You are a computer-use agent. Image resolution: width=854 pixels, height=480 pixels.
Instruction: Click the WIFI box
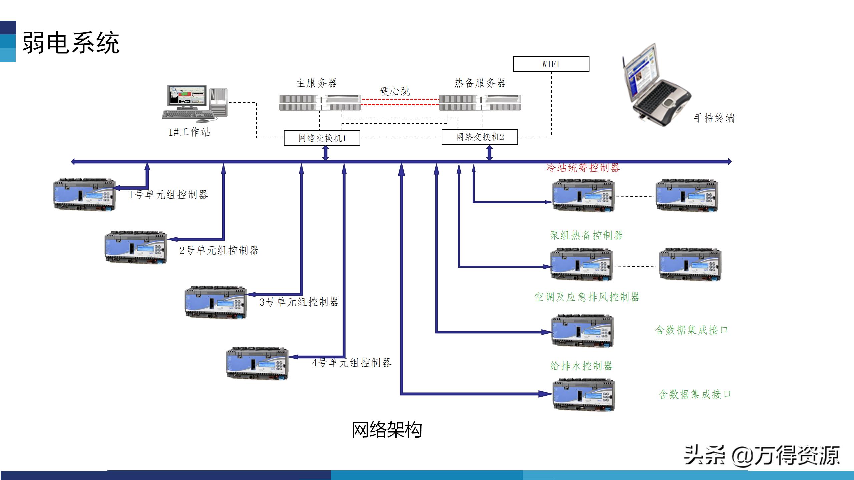[x=551, y=64]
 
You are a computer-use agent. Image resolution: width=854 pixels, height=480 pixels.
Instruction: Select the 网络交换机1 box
[x=322, y=138]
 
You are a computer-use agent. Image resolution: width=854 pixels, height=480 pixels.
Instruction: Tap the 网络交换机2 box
[x=480, y=137]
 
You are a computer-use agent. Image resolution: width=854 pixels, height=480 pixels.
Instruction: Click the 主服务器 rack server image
[x=320, y=103]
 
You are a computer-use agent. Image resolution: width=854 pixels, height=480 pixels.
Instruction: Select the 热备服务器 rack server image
[x=480, y=103]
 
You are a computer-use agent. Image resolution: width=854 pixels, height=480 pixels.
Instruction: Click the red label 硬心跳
[x=395, y=91]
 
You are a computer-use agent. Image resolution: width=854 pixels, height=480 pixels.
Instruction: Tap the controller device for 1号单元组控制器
[x=85, y=195]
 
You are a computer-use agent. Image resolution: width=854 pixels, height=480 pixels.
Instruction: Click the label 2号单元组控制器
[x=219, y=250]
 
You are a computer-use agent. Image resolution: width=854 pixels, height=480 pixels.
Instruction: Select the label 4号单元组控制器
[x=351, y=363]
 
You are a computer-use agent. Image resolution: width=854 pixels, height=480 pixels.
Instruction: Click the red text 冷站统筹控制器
[x=583, y=168]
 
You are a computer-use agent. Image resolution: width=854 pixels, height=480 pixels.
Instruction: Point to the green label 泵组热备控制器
[x=586, y=235]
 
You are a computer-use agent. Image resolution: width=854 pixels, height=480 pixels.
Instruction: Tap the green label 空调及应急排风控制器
[x=587, y=297]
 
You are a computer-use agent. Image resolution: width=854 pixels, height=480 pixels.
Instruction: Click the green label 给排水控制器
[x=581, y=366]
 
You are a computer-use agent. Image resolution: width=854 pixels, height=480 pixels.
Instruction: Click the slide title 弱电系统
[x=71, y=43]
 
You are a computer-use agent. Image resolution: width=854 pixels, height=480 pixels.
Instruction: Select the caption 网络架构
[x=387, y=430]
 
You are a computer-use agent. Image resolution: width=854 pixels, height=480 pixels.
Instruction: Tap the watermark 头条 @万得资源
[x=761, y=455]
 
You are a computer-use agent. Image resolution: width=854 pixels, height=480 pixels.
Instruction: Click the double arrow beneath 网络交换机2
[x=489, y=153]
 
